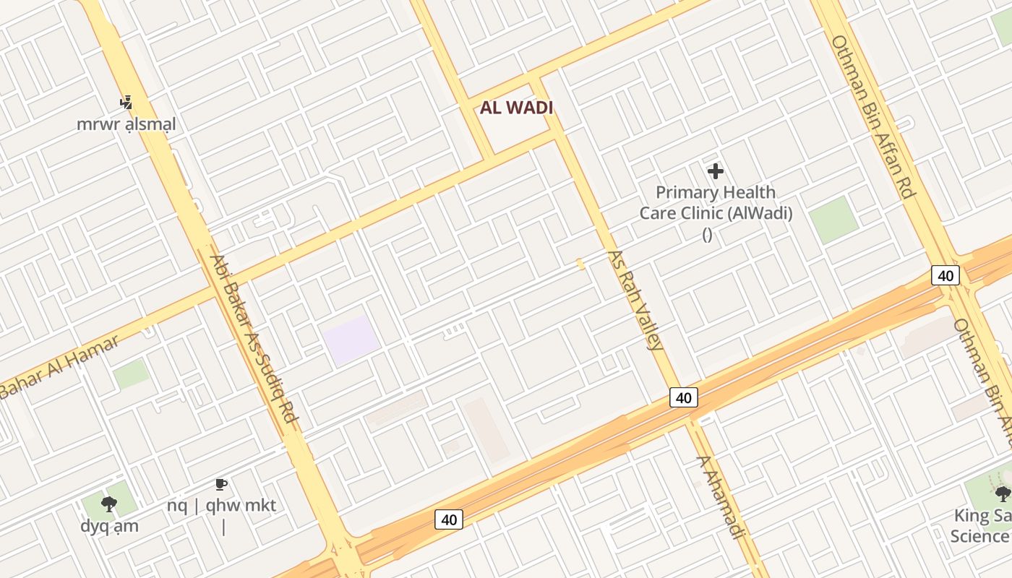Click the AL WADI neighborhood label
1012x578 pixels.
pyautogui.click(x=516, y=108)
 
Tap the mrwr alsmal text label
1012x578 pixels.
pyautogui.click(x=126, y=124)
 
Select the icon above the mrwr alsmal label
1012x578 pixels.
pyautogui.click(x=126, y=102)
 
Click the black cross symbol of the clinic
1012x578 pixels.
pyautogui.click(x=716, y=171)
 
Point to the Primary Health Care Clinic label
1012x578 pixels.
pyautogui.click(x=716, y=203)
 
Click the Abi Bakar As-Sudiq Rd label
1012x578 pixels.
pyautogui.click(x=254, y=342)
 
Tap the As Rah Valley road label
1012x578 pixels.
pyautogui.click(x=635, y=300)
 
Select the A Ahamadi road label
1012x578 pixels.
pyautogui.click(x=720, y=496)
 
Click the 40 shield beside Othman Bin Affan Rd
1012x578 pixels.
pyautogui.click(x=945, y=275)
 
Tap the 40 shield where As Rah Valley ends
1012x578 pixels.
pyautogui.click(x=683, y=397)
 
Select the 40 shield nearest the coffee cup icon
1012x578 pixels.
pyautogui.click(x=449, y=519)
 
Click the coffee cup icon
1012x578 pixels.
pyautogui.click(x=221, y=484)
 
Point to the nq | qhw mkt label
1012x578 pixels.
pyautogui.click(x=221, y=505)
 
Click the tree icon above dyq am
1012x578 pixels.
pyautogui.click(x=109, y=504)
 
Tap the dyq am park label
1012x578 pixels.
pyautogui.click(x=109, y=525)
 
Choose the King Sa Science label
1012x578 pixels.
pyautogui.click(x=980, y=526)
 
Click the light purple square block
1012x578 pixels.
pyautogui.click(x=351, y=340)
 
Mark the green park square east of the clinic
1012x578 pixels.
pyautogui.click(x=833, y=220)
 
